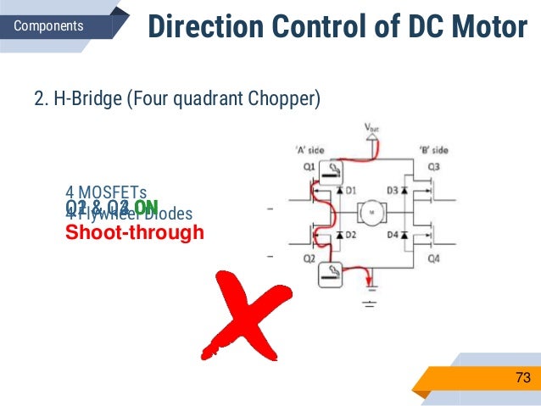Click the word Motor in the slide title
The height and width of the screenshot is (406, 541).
491,27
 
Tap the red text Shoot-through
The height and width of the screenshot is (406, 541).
135,232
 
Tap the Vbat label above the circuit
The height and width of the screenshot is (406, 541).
372,129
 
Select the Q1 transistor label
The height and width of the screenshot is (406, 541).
310,166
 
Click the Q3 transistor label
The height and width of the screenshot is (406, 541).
432,166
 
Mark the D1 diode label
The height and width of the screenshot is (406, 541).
350,191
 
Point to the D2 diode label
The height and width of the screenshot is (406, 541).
350,233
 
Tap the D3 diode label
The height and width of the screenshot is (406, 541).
392,191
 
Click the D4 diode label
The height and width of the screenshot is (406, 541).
392,233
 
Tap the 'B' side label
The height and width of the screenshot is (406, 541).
433,150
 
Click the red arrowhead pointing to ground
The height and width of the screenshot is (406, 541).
369,289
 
